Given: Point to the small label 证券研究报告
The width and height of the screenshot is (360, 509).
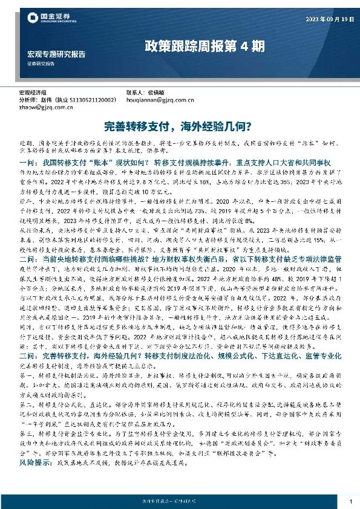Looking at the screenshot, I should click(x=41, y=63).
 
